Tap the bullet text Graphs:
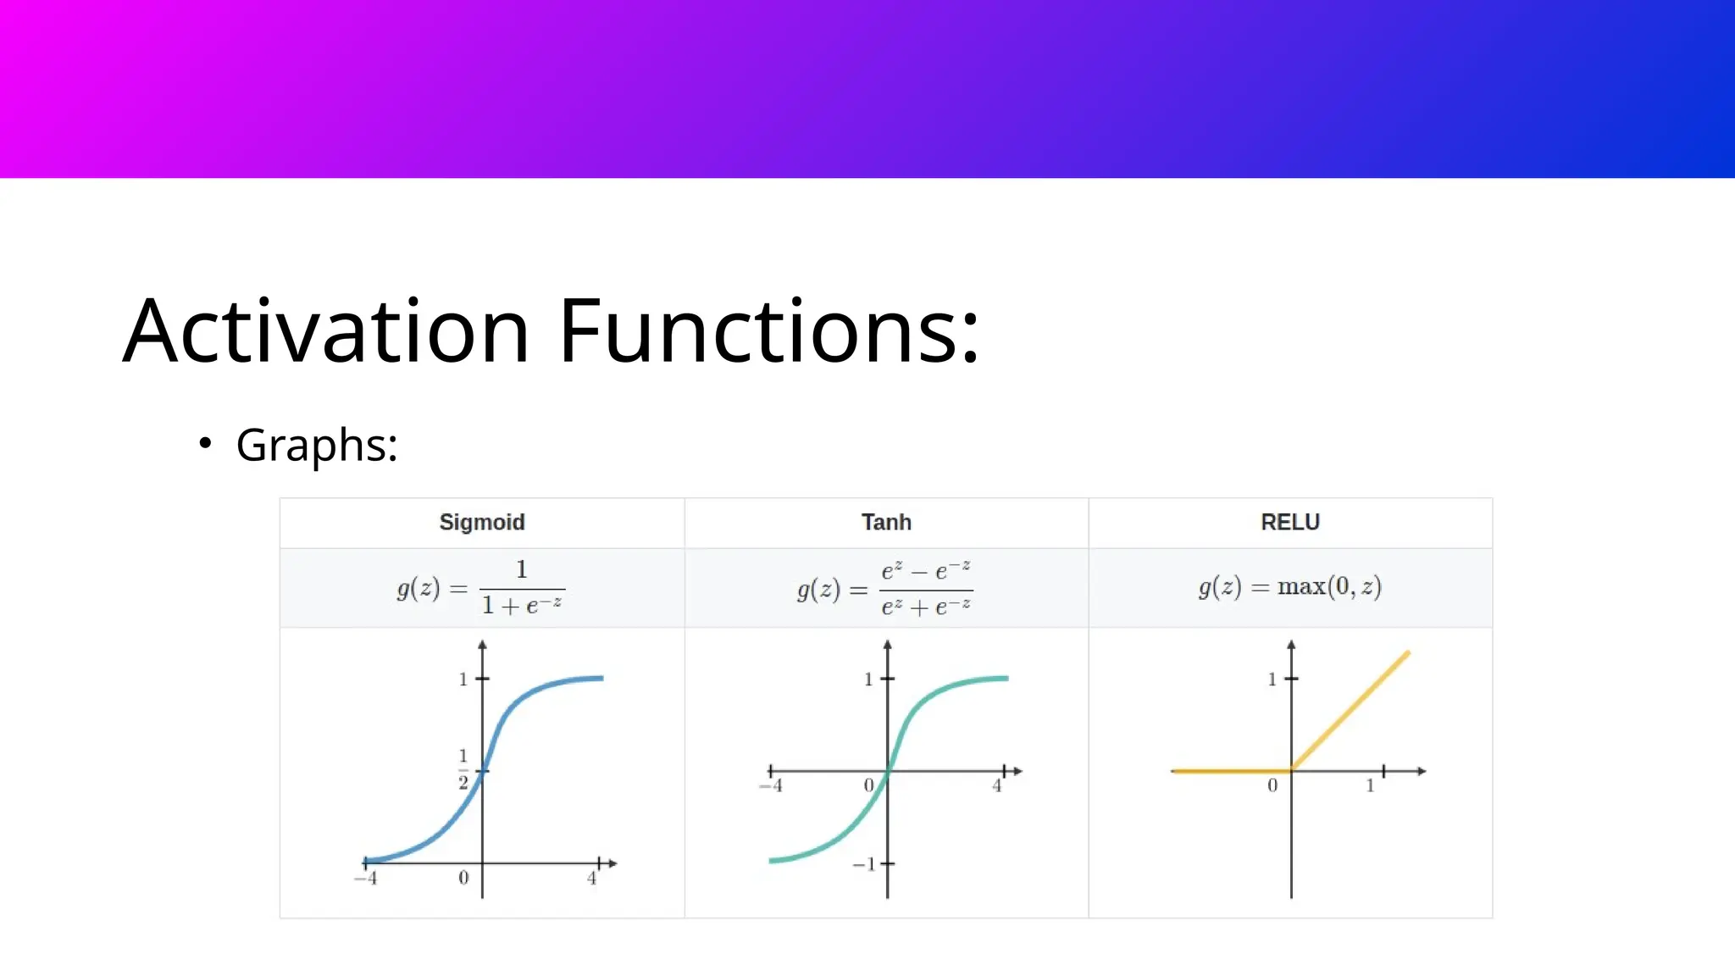(x=316, y=445)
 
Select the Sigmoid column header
(x=482, y=522)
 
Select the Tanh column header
(x=886, y=522)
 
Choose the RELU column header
(x=1290, y=522)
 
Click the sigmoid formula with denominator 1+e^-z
(x=480, y=588)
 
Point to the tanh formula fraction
(x=925, y=588)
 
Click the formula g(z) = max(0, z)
(x=1289, y=586)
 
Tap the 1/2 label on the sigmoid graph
(x=463, y=768)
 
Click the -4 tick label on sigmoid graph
(x=366, y=879)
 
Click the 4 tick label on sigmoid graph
(x=591, y=879)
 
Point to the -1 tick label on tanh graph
(x=864, y=864)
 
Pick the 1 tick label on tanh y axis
(x=867, y=679)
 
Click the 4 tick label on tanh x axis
(x=996, y=786)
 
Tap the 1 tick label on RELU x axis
(x=1370, y=786)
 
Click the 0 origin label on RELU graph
(x=1272, y=786)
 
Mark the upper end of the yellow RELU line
(x=1407, y=652)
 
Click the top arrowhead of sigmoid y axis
(x=482, y=645)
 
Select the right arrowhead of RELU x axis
(x=1422, y=771)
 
